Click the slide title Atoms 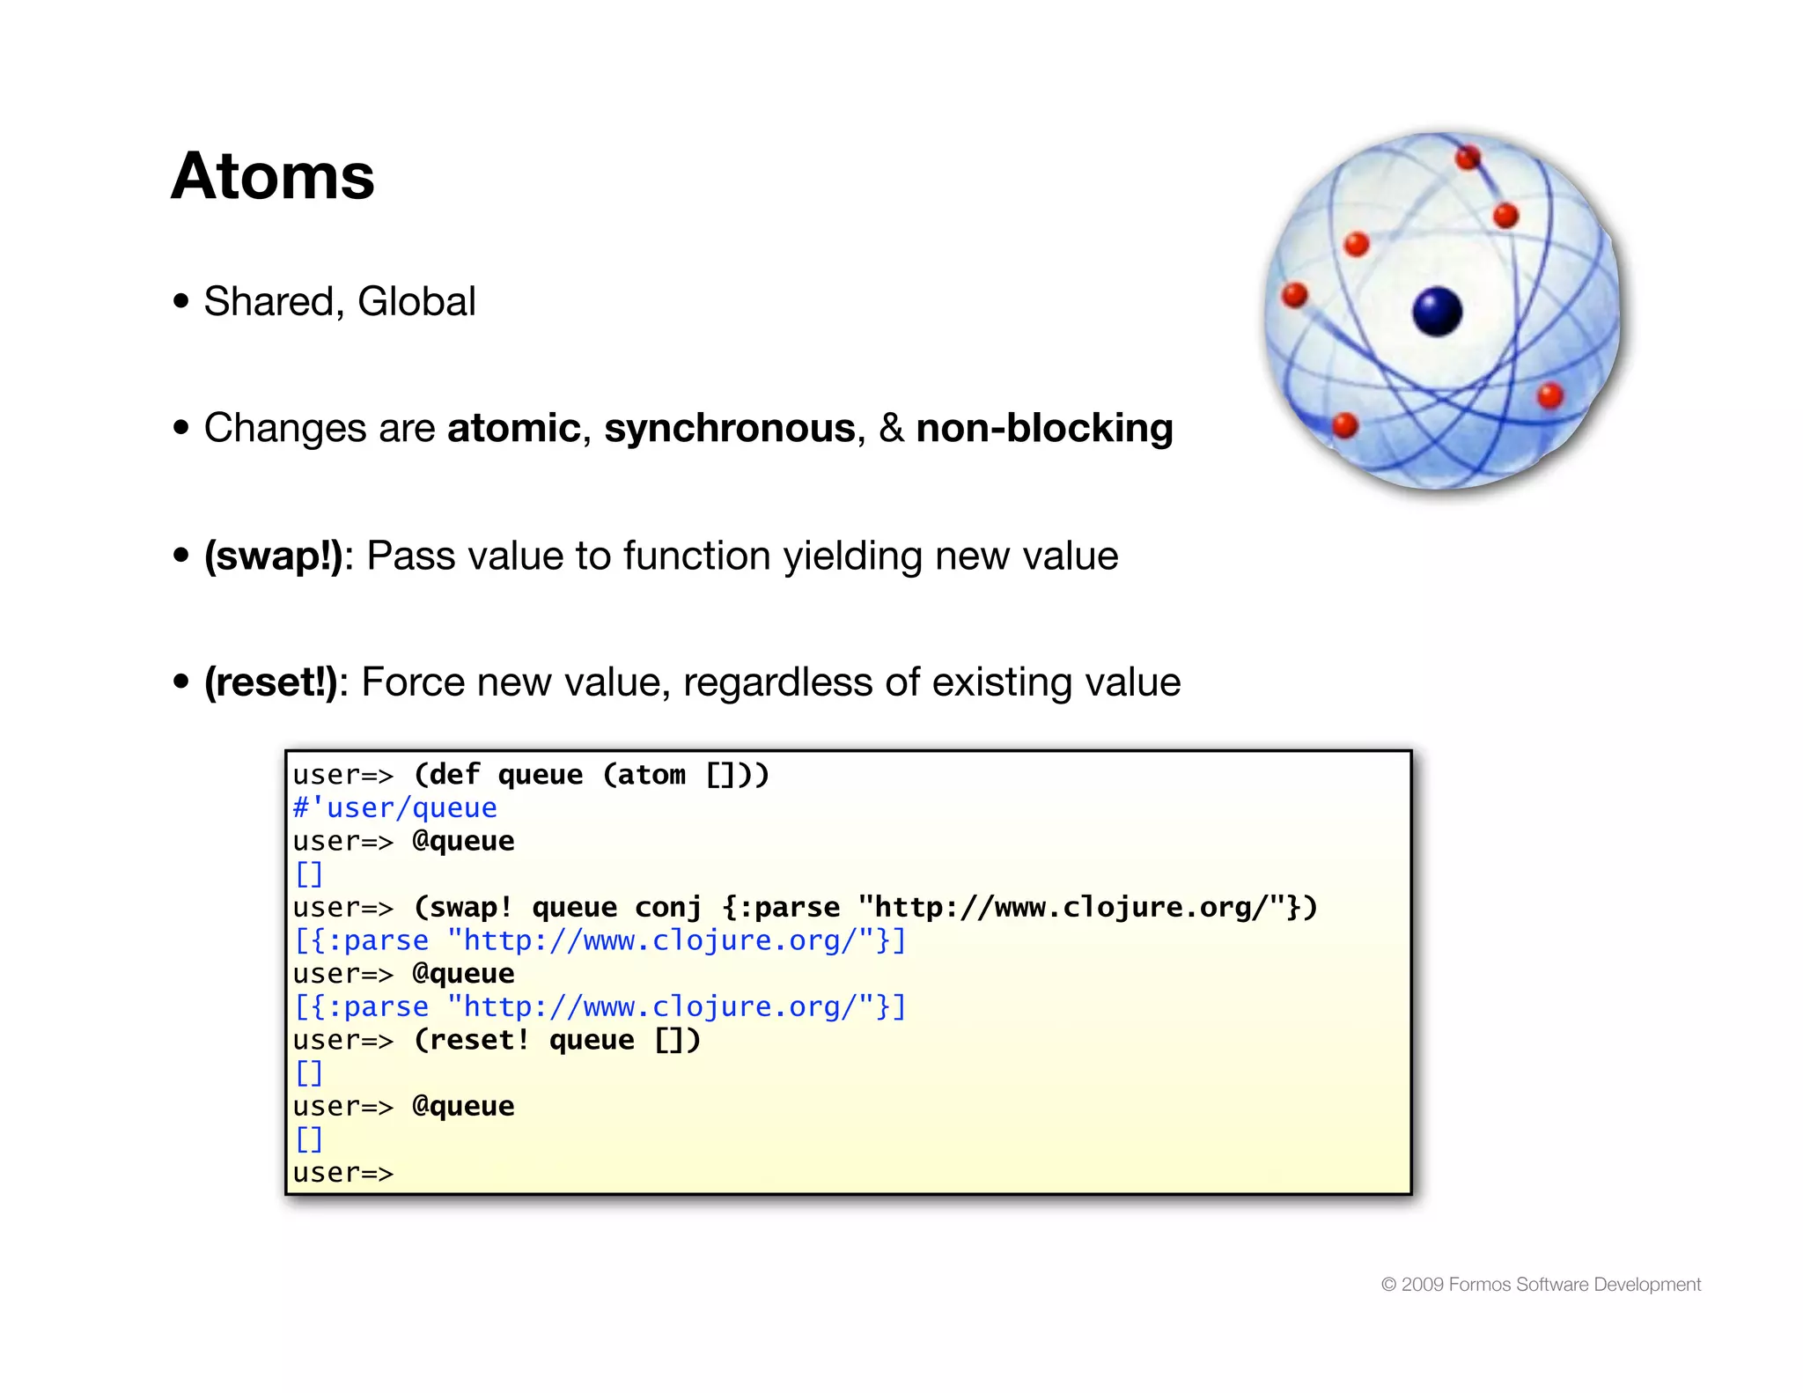tap(273, 176)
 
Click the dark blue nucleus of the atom tap(1437, 312)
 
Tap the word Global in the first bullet tap(416, 302)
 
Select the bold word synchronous tap(730, 429)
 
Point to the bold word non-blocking tap(1044, 429)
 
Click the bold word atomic tap(514, 429)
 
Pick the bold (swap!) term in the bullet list tap(273, 556)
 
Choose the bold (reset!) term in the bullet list tap(270, 682)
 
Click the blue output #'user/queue tap(394, 807)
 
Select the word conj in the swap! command tap(668, 908)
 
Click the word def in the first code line tap(454, 775)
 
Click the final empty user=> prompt tap(342, 1173)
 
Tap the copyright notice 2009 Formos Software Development tap(1541, 1285)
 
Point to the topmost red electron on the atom tap(1468, 158)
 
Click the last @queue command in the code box tap(463, 1107)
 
